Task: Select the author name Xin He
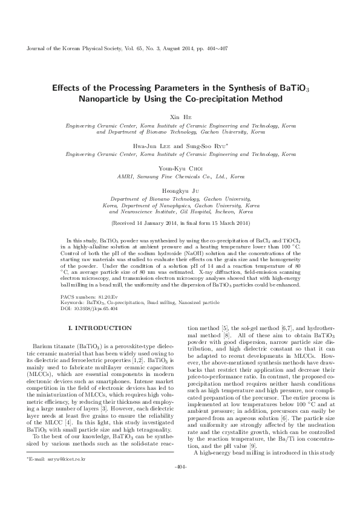[180, 116]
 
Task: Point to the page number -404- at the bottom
[180, 500]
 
